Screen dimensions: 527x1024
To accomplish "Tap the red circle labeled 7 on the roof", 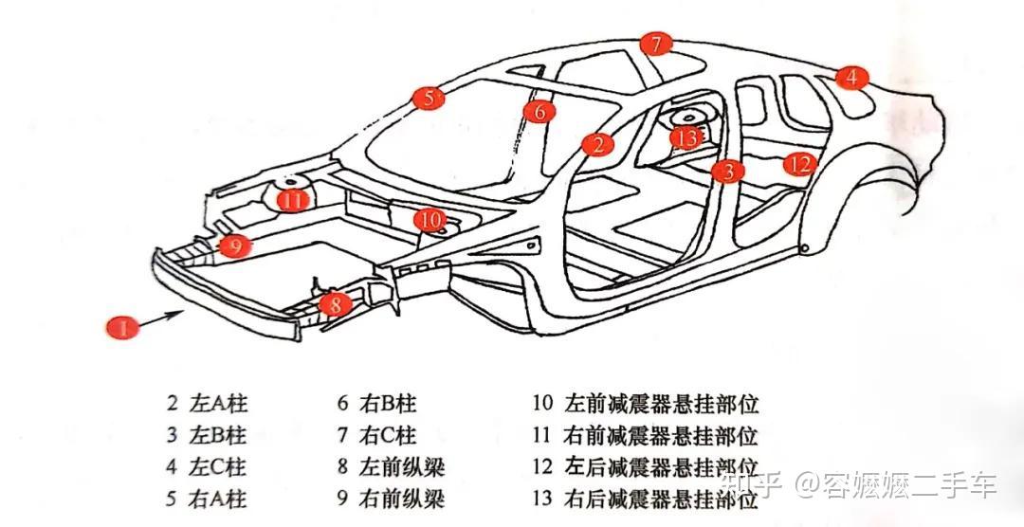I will click(x=655, y=44).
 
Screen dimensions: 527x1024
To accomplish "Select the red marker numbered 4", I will click(x=851, y=78).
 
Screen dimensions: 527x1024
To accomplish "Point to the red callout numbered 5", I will click(x=429, y=98).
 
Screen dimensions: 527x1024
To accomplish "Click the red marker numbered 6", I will click(x=539, y=112).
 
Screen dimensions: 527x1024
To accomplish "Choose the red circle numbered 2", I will click(x=597, y=144).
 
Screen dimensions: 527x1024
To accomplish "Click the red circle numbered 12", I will click(x=800, y=164).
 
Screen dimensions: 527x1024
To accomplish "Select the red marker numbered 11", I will click(x=293, y=200).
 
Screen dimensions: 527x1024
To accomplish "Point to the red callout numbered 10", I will click(x=431, y=220).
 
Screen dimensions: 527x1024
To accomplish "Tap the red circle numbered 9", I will click(x=235, y=245).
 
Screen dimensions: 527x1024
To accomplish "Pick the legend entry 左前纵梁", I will click(x=402, y=466).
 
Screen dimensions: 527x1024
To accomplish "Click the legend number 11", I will click(x=542, y=436).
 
